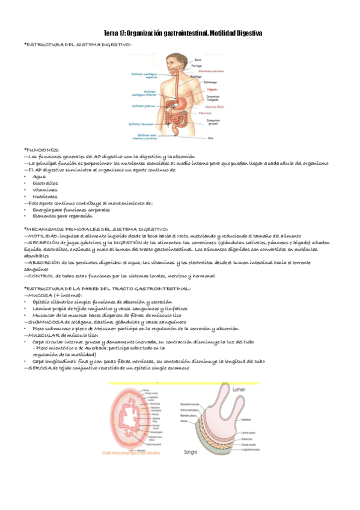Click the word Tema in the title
tap(112, 33)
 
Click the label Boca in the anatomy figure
tap(198, 60)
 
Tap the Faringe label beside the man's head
tap(199, 65)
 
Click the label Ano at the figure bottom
tap(210, 138)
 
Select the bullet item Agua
tap(39, 177)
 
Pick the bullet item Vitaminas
tap(44, 189)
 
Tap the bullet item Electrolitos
tap(46, 183)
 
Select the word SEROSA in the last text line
tap(37, 368)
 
